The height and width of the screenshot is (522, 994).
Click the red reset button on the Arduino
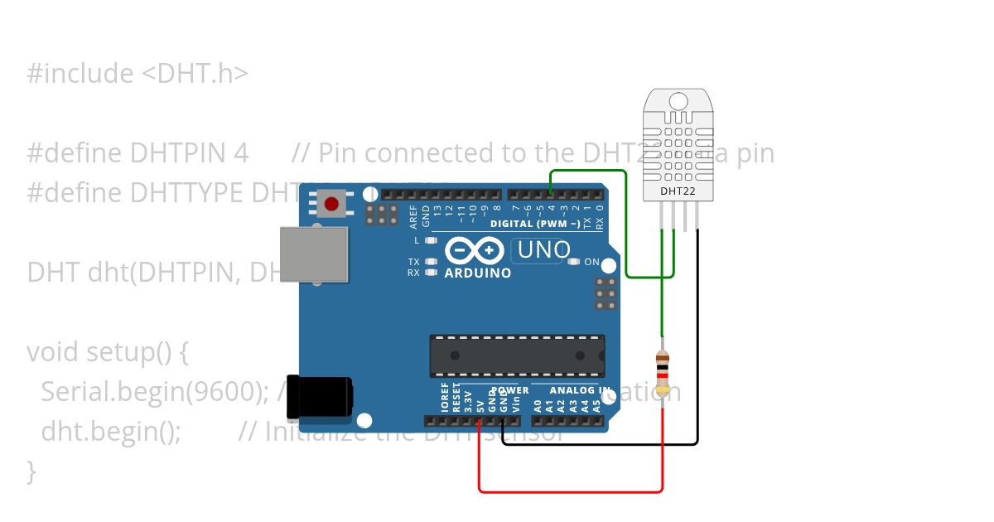click(333, 204)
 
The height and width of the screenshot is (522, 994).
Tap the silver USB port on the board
click(314, 254)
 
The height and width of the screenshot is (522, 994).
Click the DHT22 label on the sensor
click(678, 191)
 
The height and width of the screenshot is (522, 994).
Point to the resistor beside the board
click(662, 373)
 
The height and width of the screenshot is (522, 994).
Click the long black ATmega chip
click(517, 355)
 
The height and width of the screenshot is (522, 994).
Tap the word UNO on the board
click(544, 249)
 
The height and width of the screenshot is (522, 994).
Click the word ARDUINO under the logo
click(478, 273)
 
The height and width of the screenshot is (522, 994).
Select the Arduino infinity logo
click(475, 250)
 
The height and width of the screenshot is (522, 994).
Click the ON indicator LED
click(573, 262)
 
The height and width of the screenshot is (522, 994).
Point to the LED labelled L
click(430, 240)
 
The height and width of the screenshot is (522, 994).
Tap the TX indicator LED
click(430, 262)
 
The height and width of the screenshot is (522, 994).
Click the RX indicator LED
click(430, 272)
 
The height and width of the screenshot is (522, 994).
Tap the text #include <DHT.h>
click(138, 74)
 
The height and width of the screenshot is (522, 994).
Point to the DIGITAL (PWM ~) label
click(534, 224)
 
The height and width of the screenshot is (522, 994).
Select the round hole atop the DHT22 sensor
click(678, 101)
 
